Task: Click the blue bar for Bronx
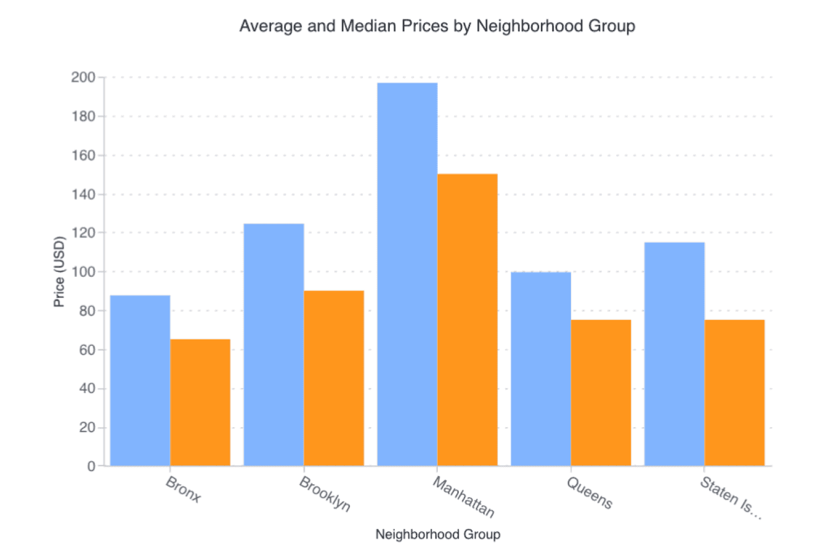coord(140,380)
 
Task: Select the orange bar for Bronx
coord(200,402)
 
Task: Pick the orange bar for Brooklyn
coord(334,378)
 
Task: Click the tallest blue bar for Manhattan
coord(407,274)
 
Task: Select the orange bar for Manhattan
coord(467,319)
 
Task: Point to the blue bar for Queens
coord(541,369)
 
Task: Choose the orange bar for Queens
coord(601,392)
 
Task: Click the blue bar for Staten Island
coord(675,354)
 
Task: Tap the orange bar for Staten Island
coord(734,392)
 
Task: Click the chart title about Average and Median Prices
coord(437,26)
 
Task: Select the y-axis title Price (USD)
coord(59,272)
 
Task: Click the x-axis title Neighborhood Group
coord(438,534)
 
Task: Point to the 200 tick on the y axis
coord(83,77)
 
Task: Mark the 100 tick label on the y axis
coord(83,272)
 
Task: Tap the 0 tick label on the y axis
coord(91,466)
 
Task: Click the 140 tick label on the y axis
coord(83,194)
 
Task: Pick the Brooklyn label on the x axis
coord(325,494)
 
